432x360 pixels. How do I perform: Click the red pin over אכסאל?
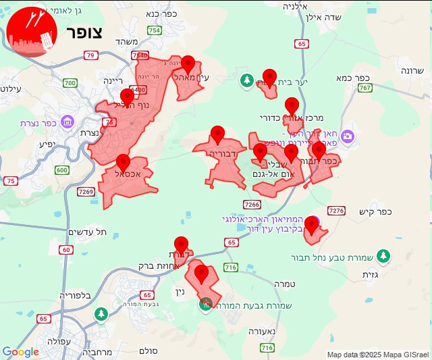pyautogui.click(x=123, y=163)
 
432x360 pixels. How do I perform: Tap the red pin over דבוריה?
pyautogui.click(x=217, y=134)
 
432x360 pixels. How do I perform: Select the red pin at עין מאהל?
pyautogui.click(x=189, y=65)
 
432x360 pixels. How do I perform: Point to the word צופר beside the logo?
pyautogui.click(x=84, y=32)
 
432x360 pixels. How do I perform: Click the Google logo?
pyautogui.click(x=20, y=351)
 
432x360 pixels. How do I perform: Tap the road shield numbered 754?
pyautogui.click(x=155, y=30)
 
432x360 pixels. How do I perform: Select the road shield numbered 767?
pyautogui.click(x=365, y=88)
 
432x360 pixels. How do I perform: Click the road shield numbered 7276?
pyautogui.click(x=336, y=211)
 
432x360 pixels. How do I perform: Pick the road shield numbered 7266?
pyautogui.click(x=251, y=204)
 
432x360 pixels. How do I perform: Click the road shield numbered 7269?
pyautogui.click(x=86, y=192)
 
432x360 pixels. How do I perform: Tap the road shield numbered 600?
pyautogui.click(x=62, y=170)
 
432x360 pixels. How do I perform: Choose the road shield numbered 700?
pyautogui.click(x=70, y=83)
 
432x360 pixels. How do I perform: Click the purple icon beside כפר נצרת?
pyautogui.click(x=67, y=122)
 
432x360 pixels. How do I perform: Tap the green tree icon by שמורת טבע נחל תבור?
pyautogui.click(x=383, y=256)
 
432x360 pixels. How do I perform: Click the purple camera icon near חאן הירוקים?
pyautogui.click(x=348, y=136)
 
